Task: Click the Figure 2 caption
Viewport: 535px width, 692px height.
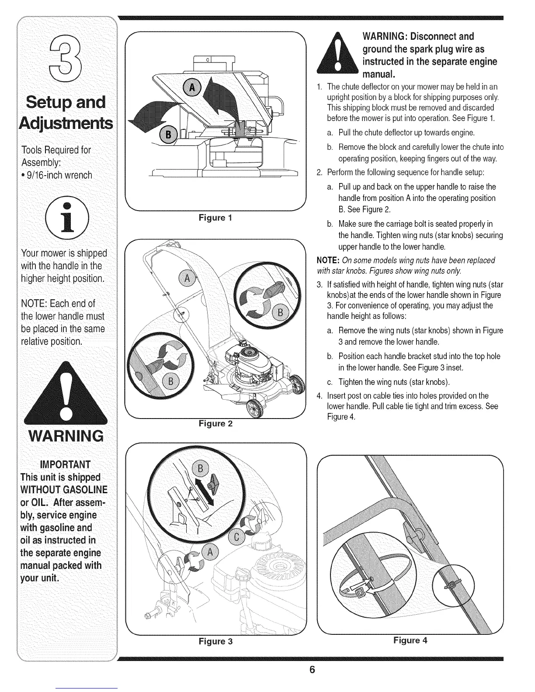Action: point(215,423)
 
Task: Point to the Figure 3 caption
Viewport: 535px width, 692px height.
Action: point(215,641)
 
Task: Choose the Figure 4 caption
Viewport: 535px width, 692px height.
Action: point(410,640)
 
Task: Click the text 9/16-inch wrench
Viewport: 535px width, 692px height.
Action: point(57,175)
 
